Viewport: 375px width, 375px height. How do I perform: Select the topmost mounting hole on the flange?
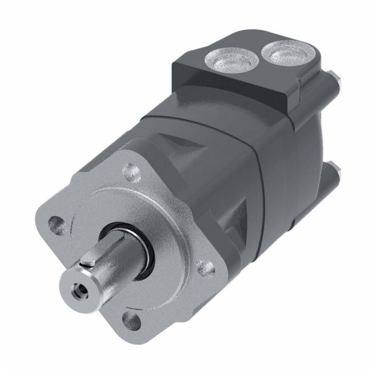(130, 173)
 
